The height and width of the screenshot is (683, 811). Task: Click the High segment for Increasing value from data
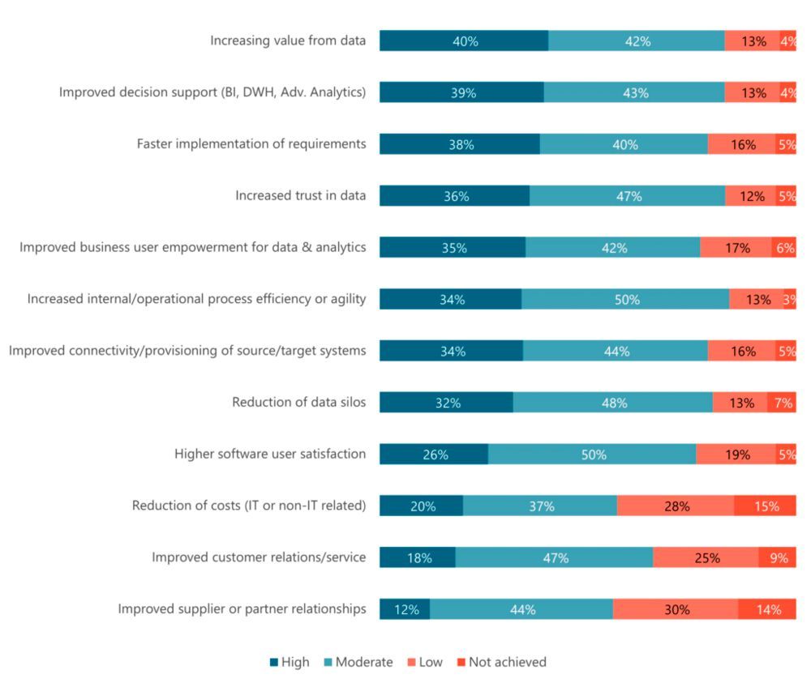click(x=463, y=41)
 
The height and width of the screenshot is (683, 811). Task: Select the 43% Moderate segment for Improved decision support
click(x=634, y=92)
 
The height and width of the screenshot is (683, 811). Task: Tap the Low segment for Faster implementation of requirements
click(x=741, y=144)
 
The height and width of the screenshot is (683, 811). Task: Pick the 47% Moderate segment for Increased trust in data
click(x=628, y=196)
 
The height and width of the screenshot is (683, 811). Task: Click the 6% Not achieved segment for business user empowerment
click(x=783, y=248)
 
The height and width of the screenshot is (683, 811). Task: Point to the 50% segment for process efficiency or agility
click(x=625, y=300)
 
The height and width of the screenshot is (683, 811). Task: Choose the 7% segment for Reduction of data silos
click(x=782, y=403)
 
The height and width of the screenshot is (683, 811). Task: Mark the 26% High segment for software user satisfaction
click(x=434, y=455)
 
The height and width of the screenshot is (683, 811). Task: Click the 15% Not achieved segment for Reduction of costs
click(x=765, y=506)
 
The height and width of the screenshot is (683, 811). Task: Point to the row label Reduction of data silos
click(x=298, y=403)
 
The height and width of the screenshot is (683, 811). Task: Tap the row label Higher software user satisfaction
click(x=270, y=454)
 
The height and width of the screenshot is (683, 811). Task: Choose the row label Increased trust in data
click(x=300, y=195)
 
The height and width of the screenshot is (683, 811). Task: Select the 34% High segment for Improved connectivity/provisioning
click(x=451, y=351)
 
